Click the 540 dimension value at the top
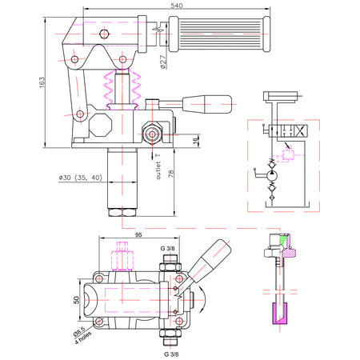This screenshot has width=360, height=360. (x=177, y=6)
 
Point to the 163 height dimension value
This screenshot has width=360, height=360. (x=42, y=82)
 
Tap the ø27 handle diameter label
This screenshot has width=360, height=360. (x=163, y=62)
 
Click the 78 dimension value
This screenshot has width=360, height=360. (x=171, y=174)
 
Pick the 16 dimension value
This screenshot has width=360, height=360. (x=196, y=140)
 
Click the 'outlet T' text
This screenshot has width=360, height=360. (x=158, y=166)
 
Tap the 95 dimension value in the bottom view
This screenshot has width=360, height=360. (x=138, y=235)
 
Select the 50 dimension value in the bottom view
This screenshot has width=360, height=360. (x=77, y=300)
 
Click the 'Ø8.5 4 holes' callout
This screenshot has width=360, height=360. (x=82, y=334)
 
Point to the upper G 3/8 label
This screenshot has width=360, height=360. (x=167, y=249)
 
